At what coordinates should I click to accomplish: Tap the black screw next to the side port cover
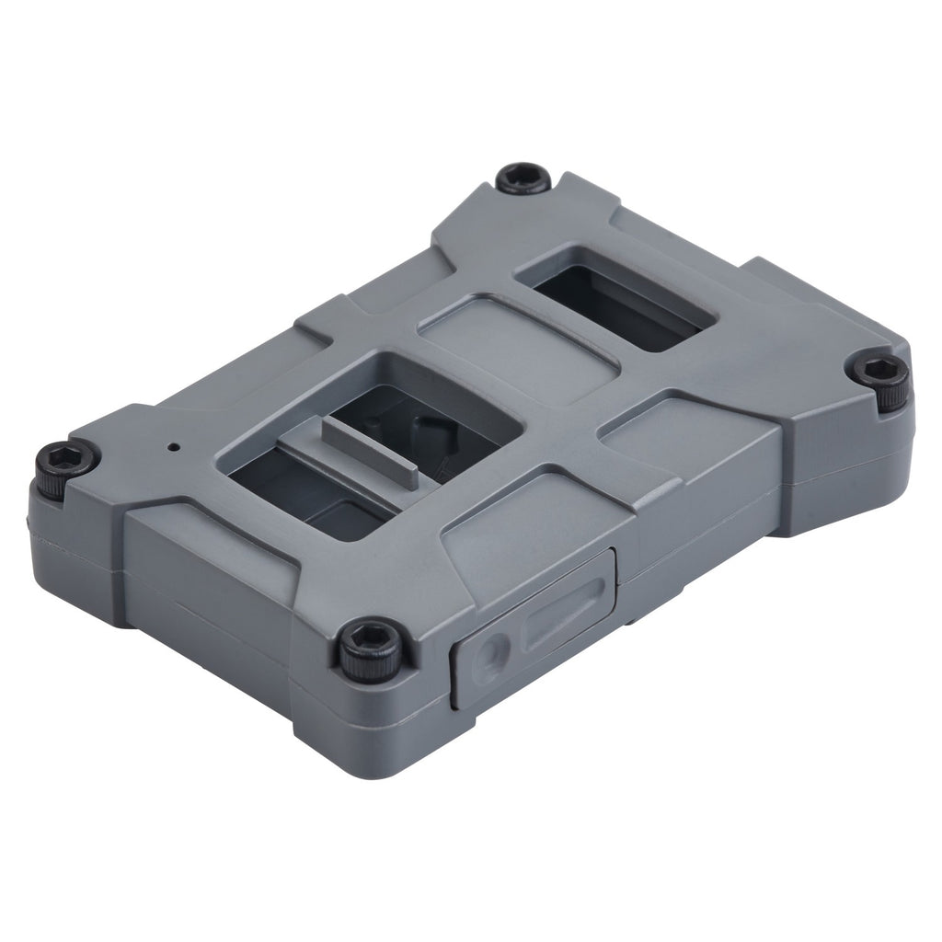point(369,649)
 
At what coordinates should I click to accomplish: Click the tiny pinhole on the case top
point(173,448)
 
